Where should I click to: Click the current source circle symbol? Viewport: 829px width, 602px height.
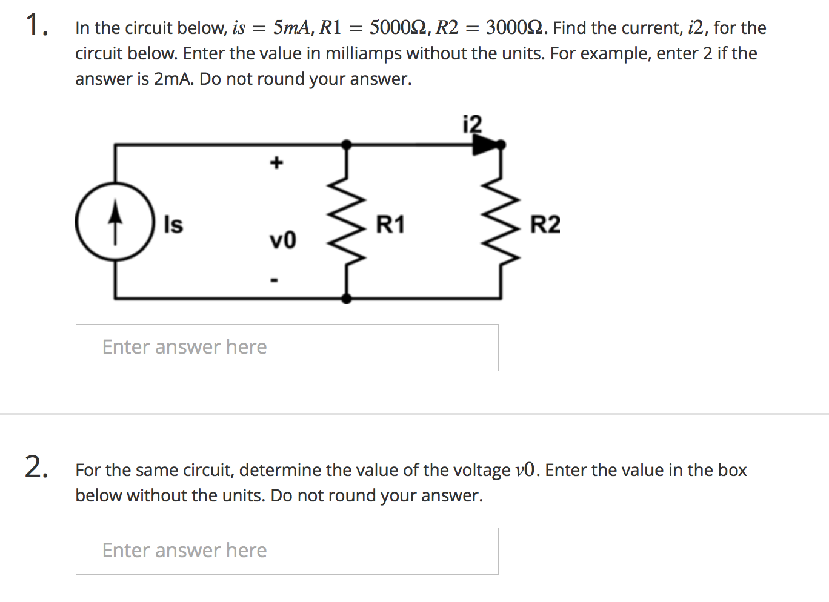click(115, 222)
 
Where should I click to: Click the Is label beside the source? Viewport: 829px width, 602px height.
click(173, 225)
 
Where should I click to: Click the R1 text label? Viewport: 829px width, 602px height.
click(390, 225)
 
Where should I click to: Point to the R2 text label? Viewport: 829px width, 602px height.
click(545, 225)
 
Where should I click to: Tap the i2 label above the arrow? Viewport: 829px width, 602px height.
click(472, 124)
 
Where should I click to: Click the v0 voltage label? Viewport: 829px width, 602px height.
click(282, 240)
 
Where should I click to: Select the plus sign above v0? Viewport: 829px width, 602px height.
click(276, 162)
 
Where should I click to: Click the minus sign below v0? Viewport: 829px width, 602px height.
click(275, 280)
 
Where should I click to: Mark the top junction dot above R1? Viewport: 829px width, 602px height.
click(346, 145)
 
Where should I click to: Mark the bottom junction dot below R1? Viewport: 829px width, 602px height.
click(346, 298)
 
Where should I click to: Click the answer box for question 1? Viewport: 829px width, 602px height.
click(287, 348)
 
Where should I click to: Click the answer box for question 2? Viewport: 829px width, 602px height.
click(287, 551)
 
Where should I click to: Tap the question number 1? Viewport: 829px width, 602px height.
click(36, 27)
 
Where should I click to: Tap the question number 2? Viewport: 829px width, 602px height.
click(36, 468)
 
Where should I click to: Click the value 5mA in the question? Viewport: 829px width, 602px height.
click(291, 28)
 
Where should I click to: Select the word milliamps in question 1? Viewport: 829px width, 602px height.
click(364, 54)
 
